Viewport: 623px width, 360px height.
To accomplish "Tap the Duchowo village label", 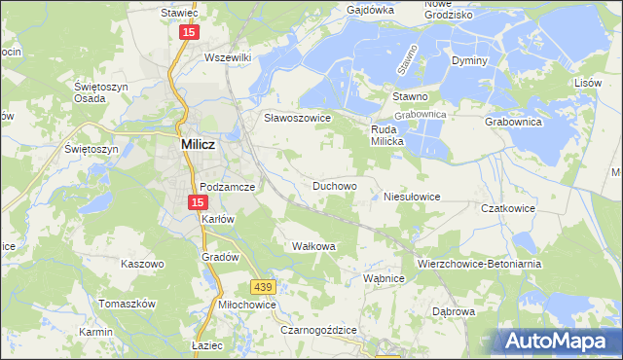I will [334, 184].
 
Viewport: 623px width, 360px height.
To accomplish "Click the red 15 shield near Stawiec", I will [189, 33].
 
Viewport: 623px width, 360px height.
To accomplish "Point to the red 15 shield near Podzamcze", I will [198, 202].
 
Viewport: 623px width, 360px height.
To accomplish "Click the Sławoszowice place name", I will [299, 118].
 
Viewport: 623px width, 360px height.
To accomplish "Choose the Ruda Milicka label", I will [395, 135].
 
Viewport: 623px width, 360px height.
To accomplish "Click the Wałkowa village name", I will [313, 246].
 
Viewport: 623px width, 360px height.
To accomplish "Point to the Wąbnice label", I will [384, 278].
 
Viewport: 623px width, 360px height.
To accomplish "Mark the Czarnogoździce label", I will [318, 331].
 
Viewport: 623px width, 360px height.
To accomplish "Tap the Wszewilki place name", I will [228, 57].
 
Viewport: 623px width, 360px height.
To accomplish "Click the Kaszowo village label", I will [142, 264].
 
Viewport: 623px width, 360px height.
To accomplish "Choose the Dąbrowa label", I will [454, 312].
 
